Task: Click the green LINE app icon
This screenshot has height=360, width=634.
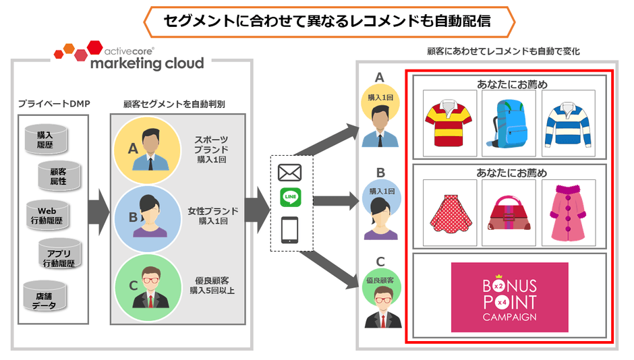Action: tap(290, 198)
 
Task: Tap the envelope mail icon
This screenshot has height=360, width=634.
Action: tap(290, 172)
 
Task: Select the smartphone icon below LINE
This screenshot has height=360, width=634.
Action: tap(290, 230)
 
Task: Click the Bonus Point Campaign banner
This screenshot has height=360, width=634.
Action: tap(509, 297)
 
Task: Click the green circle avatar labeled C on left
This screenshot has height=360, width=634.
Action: tap(144, 283)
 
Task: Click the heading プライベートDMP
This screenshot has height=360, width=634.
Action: tap(54, 104)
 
